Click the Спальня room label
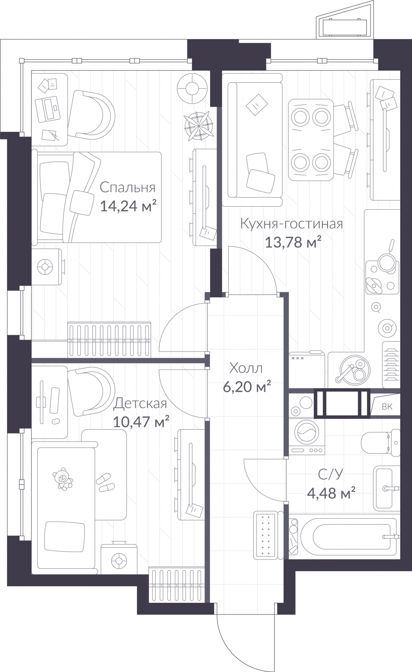[128, 188]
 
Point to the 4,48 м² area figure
[331, 493]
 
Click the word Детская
[140, 404]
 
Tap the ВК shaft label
[387, 407]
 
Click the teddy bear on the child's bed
[63, 478]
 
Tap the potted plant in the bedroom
[199, 126]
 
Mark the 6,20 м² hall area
[247, 387]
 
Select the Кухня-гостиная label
[291, 224]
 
